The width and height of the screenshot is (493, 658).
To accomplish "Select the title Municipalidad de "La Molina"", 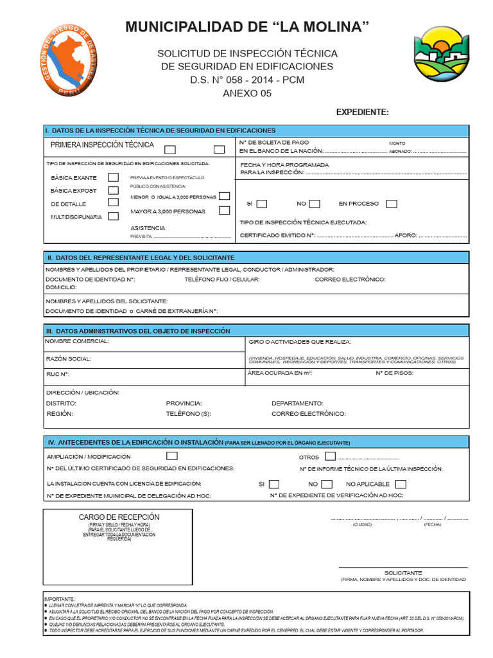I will coord(247,27).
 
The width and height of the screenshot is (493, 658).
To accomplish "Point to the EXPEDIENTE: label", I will coord(362,112).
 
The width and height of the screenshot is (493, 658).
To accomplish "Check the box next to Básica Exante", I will coord(113,177).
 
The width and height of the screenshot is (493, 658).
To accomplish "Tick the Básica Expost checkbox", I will coord(113,190).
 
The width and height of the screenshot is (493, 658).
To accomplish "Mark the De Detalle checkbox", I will coord(113,203).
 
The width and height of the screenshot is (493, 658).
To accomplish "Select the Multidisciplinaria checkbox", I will coord(113,217).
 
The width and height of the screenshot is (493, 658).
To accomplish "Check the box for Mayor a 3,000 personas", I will coord(224,210).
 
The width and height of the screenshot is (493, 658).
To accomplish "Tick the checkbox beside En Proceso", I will coord(392,204).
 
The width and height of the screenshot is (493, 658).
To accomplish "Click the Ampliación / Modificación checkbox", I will coord(172,456).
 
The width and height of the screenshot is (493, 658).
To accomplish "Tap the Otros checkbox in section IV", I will coord(330,457).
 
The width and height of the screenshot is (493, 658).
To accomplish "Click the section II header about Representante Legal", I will coord(141,257).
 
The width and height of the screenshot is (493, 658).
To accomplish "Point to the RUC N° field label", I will coord(58,374).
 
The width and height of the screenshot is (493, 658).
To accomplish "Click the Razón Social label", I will coord(69,359).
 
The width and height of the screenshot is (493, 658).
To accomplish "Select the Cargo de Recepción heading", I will coord(119,517).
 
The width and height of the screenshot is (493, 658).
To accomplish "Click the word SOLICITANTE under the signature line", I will coord(403,573).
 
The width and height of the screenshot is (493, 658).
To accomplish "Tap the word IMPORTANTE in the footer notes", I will coord(60,598).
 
